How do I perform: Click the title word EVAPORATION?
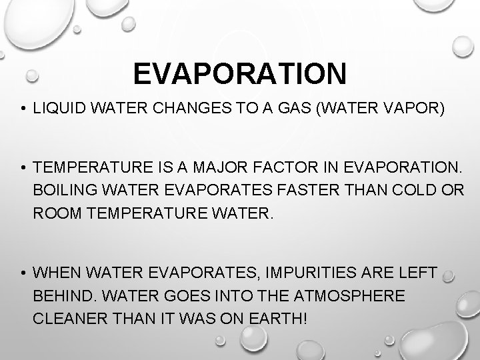[x=239, y=73]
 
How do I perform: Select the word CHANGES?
[x=186, y=108]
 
